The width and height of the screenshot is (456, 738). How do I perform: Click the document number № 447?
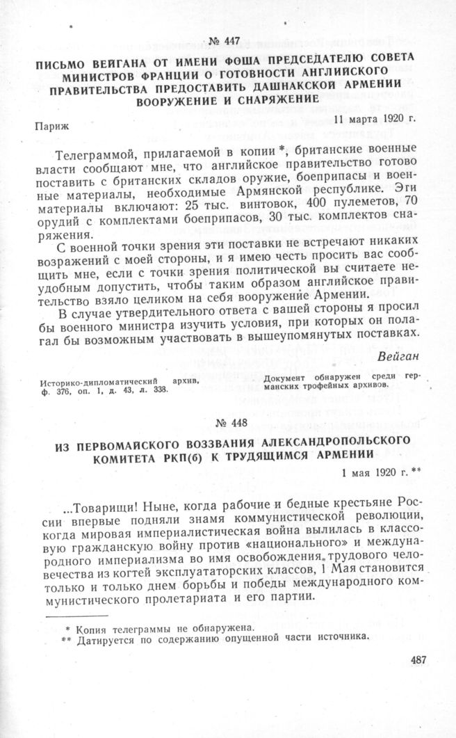(x=229, y=42)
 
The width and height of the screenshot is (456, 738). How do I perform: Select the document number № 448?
(x=229, y=425)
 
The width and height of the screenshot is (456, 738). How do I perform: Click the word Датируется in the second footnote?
(x=102, y=637)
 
